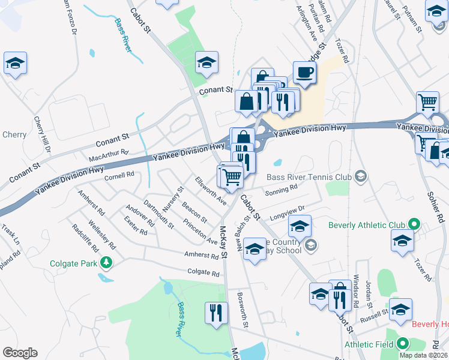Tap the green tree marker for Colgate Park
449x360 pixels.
(106, 262)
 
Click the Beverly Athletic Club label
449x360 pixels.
(367, 225)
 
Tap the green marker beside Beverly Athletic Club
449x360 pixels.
(413, 225)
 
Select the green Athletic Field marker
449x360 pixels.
(402, 344)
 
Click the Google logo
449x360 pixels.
(20, 353)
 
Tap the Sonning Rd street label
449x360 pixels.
(282, 188)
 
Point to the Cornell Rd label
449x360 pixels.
(119, 175)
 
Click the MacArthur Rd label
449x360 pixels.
(109, 155)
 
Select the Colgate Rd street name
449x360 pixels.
(203, 273)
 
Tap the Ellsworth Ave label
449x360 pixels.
(210, 190)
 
